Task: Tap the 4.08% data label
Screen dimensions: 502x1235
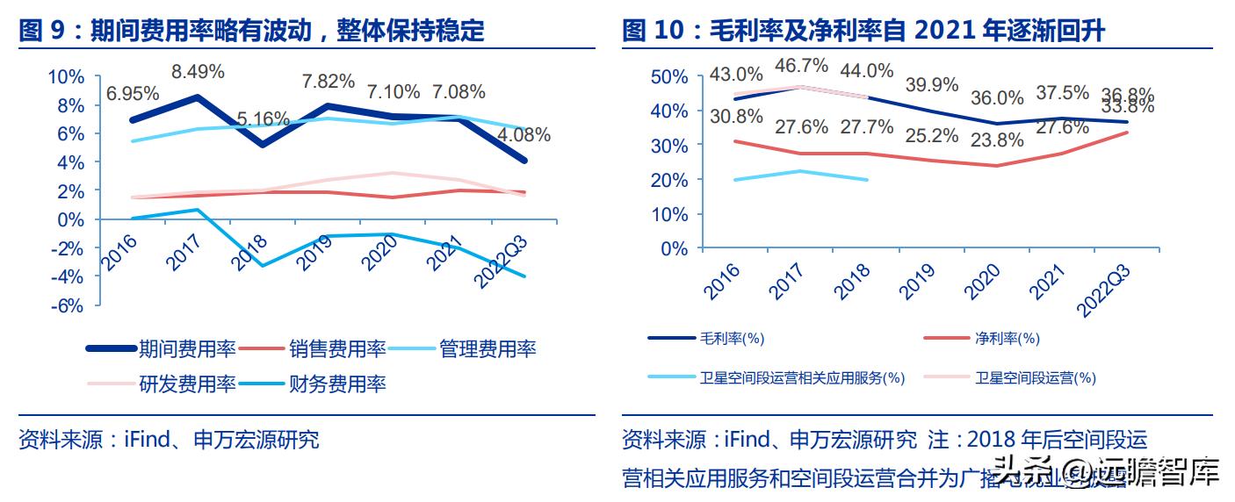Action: click(x=524, y=135)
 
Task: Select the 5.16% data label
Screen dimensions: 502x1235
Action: click(x=262, y=118)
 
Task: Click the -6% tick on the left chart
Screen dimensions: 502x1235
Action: click(x=68, y=305)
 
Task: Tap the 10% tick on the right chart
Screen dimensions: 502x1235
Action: click(x=673, y=214)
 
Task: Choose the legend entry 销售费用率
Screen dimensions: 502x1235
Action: click(x=337, y=349)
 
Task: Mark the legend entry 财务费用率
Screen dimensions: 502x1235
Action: click(x=337, y=384)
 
